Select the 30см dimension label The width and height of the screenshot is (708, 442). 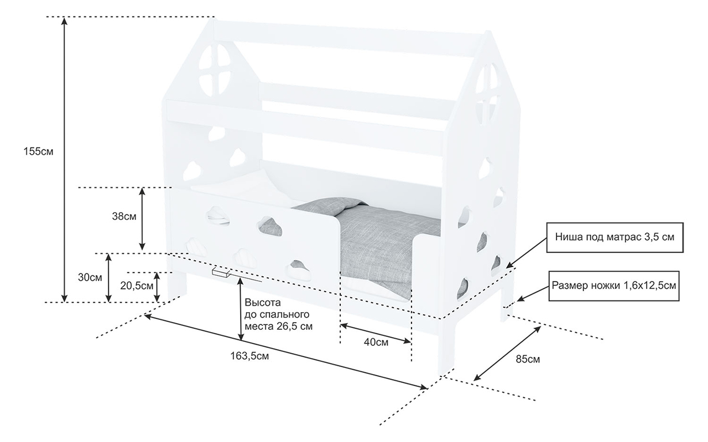(x=90, y=277)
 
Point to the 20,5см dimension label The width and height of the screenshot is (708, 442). (x=137, y=286)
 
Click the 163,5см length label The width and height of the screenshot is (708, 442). (x=249, y=356)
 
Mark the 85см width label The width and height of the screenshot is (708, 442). (x=528, y=359)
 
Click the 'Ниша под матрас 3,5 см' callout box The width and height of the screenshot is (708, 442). (x=615, y=238)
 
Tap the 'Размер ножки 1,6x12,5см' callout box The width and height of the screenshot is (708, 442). (x=613, y=286)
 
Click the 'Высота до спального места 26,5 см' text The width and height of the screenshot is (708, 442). (x=278, y=314)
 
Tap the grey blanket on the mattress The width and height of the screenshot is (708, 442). (x=382, y=238)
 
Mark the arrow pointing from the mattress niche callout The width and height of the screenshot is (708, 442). (x=526, y=252)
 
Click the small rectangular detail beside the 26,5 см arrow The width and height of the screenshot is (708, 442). (x=221, y=272)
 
